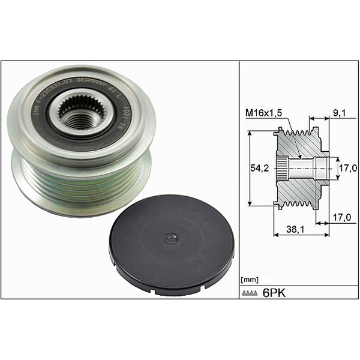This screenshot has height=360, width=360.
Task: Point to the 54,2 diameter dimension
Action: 259,169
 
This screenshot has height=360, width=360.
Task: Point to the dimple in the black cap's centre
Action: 172,238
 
